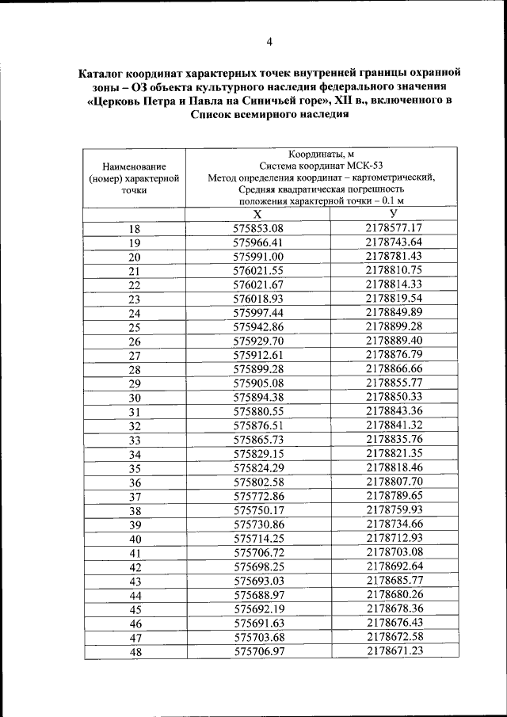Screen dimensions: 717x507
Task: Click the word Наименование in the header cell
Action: point(134,166)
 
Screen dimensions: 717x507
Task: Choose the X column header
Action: point(257,215)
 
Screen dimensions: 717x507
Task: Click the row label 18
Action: point(134,229)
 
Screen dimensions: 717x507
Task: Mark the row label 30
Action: point(134,397)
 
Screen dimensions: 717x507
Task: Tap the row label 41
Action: point(134,553)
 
